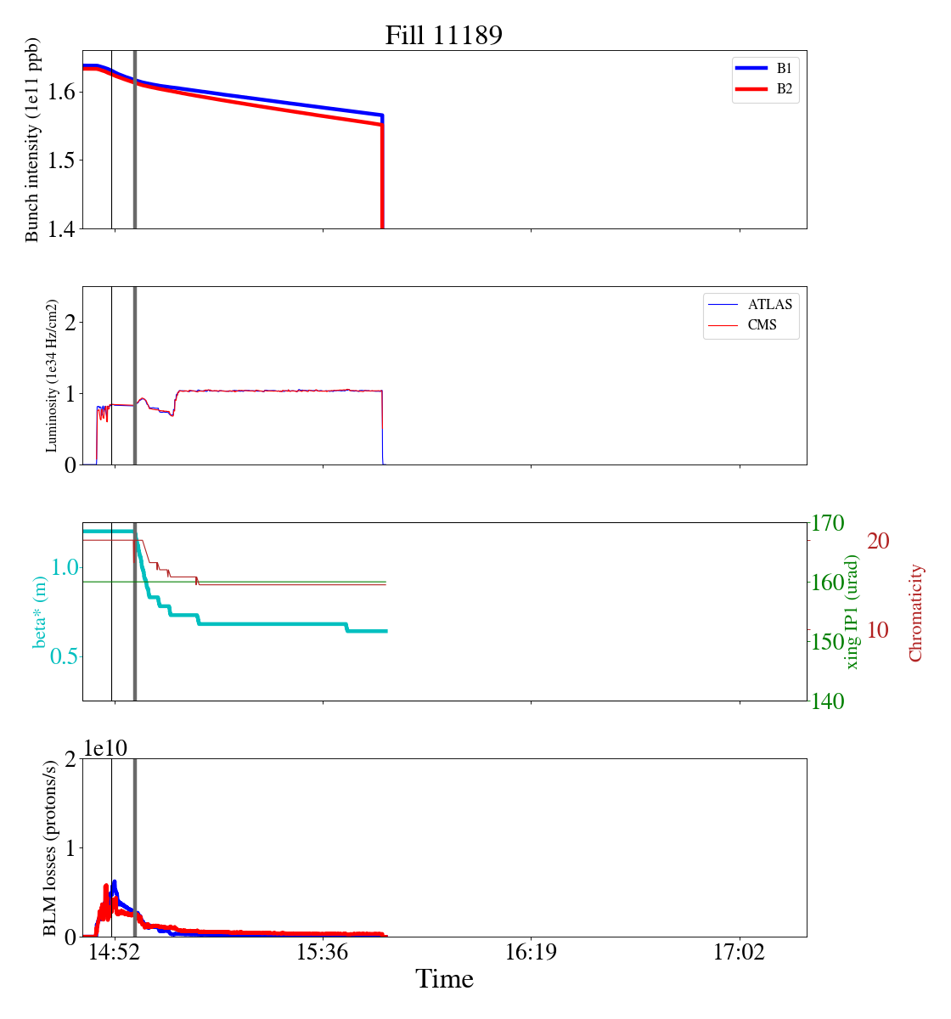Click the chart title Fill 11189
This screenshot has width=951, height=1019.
click(x=444, y=36)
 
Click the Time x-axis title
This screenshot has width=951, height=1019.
click(x=444, y=979)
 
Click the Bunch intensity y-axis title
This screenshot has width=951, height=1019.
click(x=32, y=140)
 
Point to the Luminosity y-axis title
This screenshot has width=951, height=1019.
click(x=51, y=375)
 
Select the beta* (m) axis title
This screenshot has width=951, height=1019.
click(x=40, y=611)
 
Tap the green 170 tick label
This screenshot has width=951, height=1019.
click(x=829, y=523)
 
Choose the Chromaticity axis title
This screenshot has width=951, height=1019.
click(x=915, y=612)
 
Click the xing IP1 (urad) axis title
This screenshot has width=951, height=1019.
click(x=853, y=612)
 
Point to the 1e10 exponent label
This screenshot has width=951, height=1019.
click(x=105, y=748)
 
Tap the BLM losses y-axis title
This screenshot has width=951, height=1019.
click(x=51, y=847)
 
